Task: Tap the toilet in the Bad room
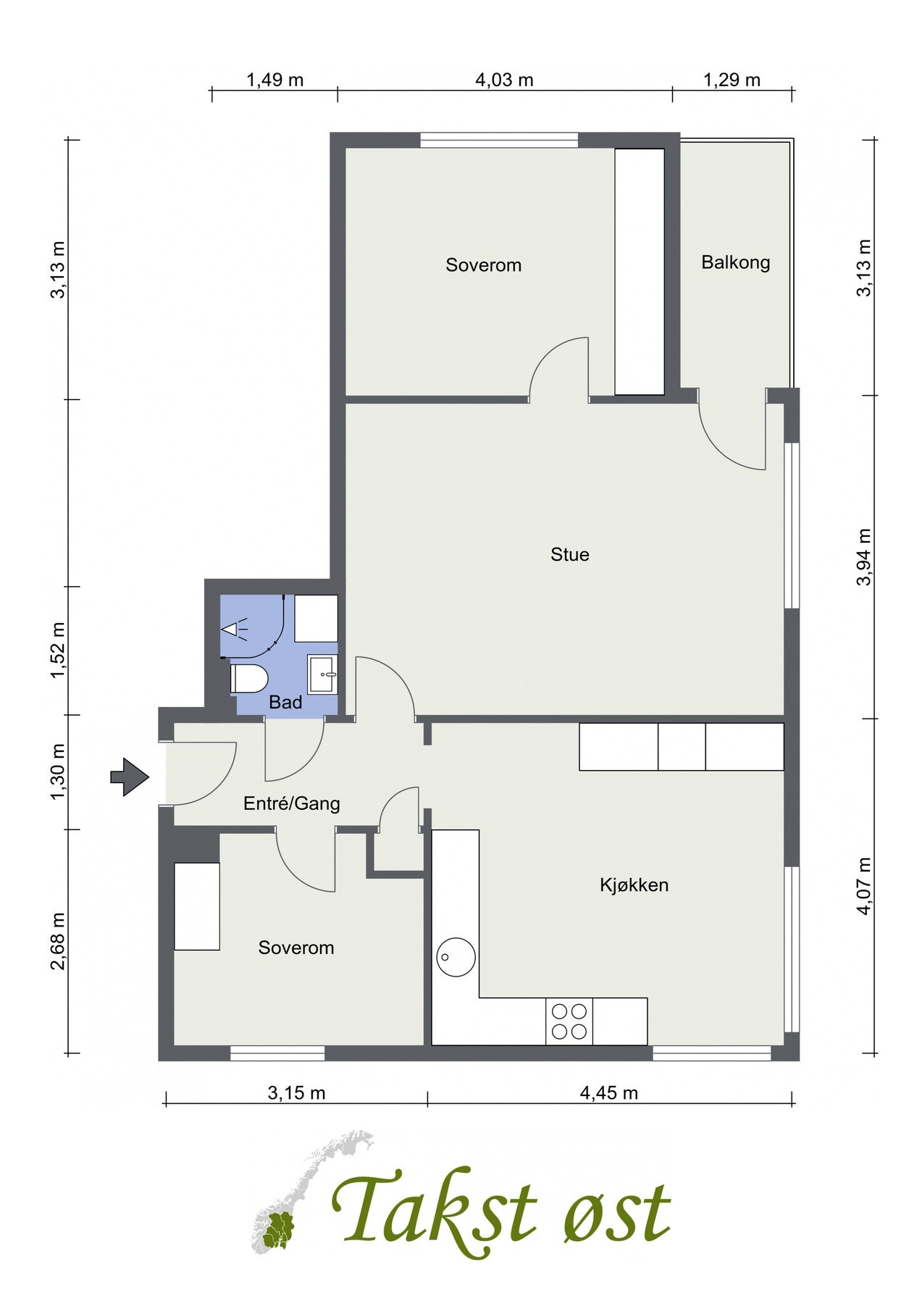(x=249, y=680)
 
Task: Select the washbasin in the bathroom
(x=323, y=674)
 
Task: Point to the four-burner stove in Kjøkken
(x=569, y=1021)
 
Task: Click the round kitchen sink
(x=456, y=956)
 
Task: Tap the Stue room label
(x=570, y=555)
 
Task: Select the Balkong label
(x=735, y=262)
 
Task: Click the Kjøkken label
(x=634, y=885)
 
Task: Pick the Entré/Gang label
(x=291, y=803)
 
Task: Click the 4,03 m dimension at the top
(x=504, y=80)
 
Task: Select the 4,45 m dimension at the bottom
(x=608, y=1092)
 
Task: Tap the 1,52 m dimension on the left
(x=57, y=651)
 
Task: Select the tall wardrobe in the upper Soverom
(x=640, y=272)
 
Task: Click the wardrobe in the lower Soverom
(x=197, y=906)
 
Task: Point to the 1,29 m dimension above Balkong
(x=732, y=80)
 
